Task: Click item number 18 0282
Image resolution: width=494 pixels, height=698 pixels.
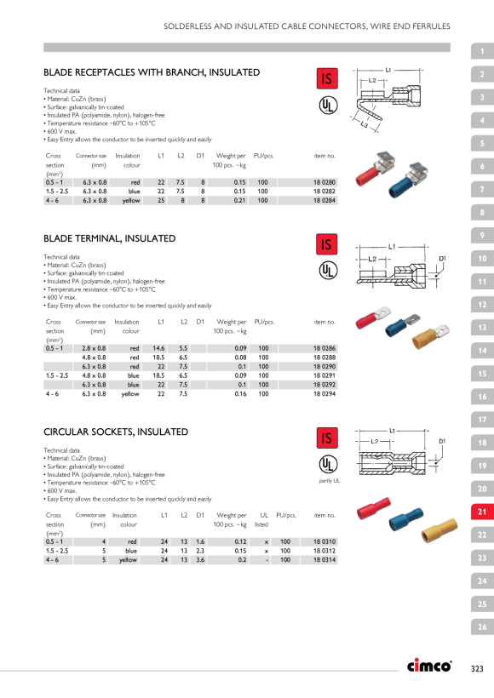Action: (x=324, y=192)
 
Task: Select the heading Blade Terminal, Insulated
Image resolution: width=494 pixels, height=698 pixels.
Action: (x=110, y=238)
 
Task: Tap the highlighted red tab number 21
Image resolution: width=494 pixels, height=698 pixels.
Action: (x=482, y=512)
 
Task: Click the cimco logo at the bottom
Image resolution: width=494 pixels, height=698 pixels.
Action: (x=429, y=665)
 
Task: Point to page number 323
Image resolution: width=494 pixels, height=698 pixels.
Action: (x=477, y=668)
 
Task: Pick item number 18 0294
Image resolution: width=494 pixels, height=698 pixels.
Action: (x=325, y=394)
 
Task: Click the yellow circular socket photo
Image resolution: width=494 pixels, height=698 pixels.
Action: (x=439, y=529)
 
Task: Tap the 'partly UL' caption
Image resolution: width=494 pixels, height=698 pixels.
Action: (x=329, y=481)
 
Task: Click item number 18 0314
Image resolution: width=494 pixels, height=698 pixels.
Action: (x=325, y=560)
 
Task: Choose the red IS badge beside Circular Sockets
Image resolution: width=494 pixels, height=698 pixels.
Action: (x=327, y=438)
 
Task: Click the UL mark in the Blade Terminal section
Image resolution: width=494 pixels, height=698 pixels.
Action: (x=328, y=270)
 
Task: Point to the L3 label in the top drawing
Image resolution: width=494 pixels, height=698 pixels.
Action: (x=364, y=125)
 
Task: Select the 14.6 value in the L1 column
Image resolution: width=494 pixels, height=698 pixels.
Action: (x=158, y=348)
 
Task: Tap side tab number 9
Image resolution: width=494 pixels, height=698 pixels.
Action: (x=482, y=235)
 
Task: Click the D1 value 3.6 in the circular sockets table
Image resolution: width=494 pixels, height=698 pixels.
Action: (x=200, y=560)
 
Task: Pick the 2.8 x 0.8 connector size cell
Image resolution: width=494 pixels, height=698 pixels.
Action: (x=94, y=348)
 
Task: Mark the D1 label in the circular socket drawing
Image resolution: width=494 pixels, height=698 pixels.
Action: (x=442, y=441)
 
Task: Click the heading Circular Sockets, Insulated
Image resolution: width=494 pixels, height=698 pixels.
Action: (x=116, y=432)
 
